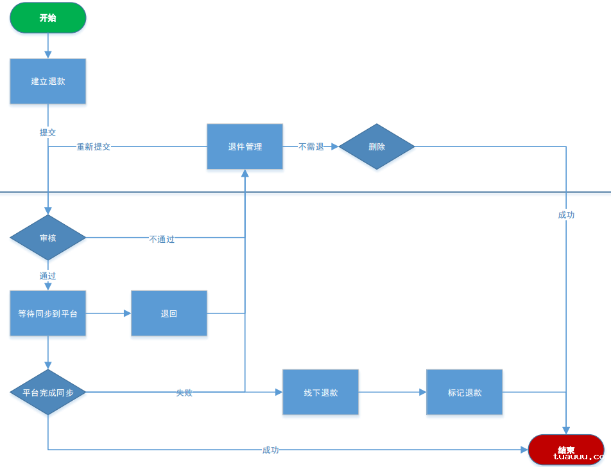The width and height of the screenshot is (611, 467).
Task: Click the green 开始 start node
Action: pos(48,18)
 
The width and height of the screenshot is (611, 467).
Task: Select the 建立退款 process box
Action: pos(48,82)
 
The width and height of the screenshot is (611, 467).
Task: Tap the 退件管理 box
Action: pos(245,146)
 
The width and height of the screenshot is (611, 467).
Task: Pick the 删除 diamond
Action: pos(377,146)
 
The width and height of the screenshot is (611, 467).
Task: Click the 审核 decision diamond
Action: pos(48,238)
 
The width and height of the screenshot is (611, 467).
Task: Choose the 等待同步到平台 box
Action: pos(48,313)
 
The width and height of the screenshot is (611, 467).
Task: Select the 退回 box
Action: pos(169,313)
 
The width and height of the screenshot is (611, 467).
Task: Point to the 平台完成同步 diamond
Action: pos(48,392)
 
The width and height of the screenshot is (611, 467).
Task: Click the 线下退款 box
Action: pos(320,392)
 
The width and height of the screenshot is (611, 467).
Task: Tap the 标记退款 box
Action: pos(465,392)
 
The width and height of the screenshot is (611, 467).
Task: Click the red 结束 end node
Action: pos(566,450)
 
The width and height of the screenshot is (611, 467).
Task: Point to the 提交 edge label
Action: pos(48,132)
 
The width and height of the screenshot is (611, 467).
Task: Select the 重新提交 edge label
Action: pos(94,146)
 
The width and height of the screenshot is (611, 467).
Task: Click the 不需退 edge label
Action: pos(311,146)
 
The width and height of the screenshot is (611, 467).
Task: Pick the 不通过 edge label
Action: pos(162,239)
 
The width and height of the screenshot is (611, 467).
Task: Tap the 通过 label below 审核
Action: pos(48,276)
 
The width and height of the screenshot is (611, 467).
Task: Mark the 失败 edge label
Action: pos(184,392)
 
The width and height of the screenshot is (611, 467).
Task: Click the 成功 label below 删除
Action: pos(566,215)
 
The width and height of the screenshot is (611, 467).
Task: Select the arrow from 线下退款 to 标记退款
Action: pos(392,392)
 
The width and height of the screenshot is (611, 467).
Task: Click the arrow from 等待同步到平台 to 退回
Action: pos(108,313)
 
